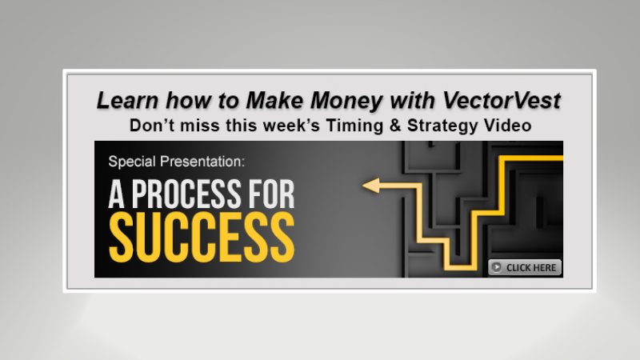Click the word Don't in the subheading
point(150,126)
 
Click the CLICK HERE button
point(525,267)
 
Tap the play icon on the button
point(497,267)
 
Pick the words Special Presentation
point(178,162)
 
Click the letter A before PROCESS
point(118,194)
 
